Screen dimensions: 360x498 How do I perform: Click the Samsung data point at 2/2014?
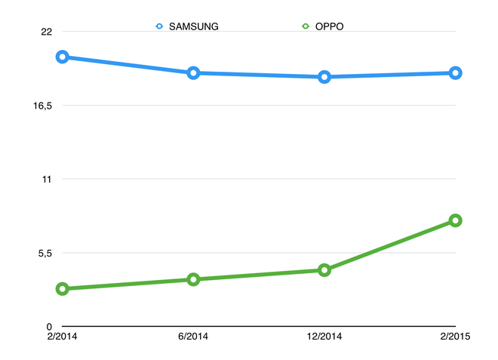[63, 57]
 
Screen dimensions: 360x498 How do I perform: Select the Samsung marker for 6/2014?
[194, 73]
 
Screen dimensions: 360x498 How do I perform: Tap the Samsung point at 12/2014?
[324, 77]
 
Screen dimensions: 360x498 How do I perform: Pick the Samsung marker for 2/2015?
[456, 73]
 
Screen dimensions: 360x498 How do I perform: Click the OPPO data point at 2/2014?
[63, 289]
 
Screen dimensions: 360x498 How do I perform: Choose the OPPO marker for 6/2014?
[194, 279]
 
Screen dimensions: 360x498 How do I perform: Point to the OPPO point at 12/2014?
[324, 269]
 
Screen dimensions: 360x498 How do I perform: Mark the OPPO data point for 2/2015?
[456, 220]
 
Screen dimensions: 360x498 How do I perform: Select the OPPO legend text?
[329, 26]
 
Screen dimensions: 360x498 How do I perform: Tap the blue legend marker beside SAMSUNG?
[159, 26]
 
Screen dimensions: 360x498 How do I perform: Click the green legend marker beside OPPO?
[305, 26]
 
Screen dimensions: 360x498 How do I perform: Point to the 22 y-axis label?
[46, 32]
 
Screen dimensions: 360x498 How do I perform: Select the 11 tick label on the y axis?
[46, 179]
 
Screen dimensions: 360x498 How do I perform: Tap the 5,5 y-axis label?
[42, 253]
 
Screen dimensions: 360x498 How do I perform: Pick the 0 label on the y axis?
[49, 326]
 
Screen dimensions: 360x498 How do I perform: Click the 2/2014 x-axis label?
[63, 337]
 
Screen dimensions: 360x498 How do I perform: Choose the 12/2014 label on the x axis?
[324, 337]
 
